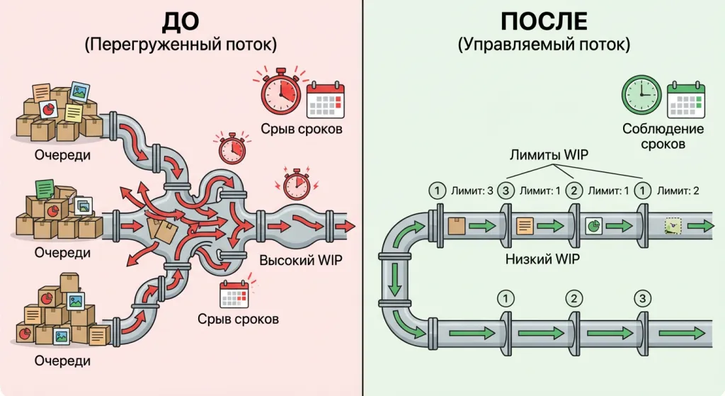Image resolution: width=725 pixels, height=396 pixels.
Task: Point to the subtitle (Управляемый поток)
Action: tap(543, 45)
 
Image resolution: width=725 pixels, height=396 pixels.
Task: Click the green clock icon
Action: tap(641, 96)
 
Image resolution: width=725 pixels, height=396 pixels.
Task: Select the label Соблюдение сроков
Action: tap(663, 136)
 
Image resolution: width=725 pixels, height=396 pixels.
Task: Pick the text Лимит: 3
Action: tap(471, 190)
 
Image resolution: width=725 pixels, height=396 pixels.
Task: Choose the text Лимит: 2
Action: tap(679, 190)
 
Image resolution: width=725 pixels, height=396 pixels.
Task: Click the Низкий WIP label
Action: tap(542, 259)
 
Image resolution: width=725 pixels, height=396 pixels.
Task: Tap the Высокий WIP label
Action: tap(300, 260)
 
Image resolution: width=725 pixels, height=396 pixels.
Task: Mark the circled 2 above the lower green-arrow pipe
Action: tap(574, 298)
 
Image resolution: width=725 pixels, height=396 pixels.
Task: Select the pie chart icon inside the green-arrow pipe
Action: tap(593, 225)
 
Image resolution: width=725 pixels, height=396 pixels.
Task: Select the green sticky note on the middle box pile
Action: tap(46, 187)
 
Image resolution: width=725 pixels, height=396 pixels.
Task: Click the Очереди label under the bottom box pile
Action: tap(62, 361)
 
